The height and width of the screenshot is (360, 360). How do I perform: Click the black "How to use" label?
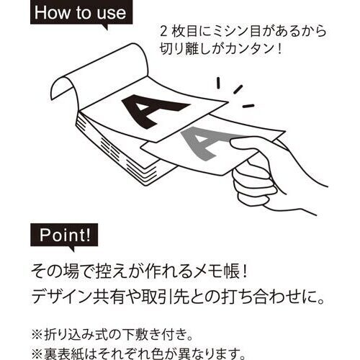81,13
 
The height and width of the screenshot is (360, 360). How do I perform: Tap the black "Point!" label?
64,235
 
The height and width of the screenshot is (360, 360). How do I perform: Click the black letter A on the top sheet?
153,110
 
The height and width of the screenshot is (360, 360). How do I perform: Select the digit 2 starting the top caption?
163,32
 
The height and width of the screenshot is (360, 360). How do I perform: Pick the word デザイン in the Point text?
60,297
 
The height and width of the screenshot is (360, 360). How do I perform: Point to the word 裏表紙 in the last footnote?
61,354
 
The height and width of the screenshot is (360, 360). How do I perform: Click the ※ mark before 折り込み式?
37,335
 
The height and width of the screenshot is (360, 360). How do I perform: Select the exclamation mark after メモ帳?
244,271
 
